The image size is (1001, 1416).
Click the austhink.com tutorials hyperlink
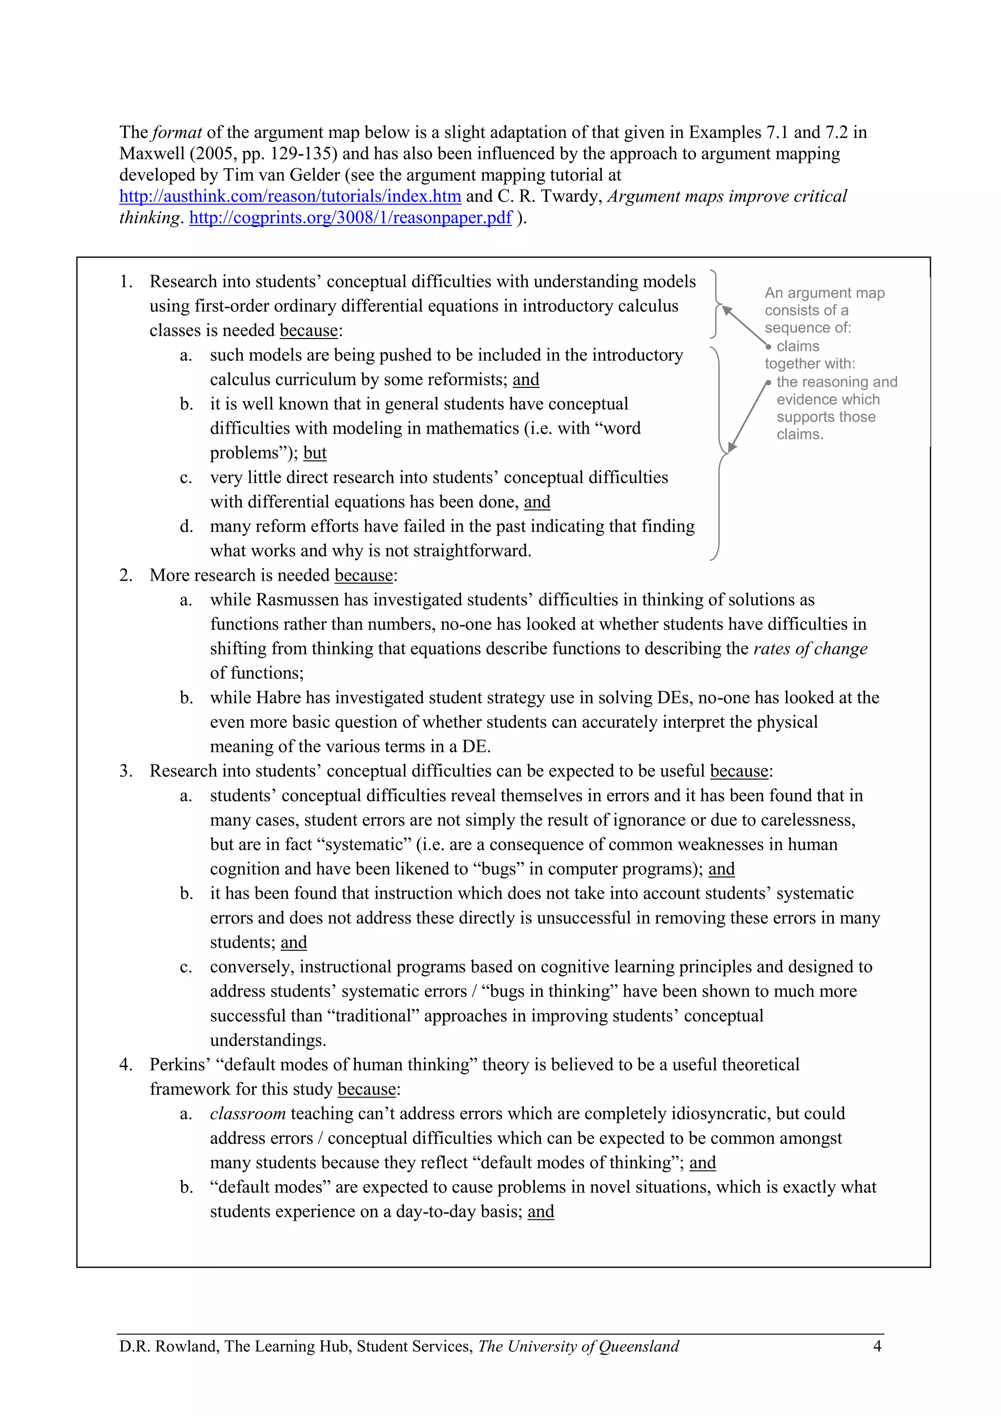tap(290, 197)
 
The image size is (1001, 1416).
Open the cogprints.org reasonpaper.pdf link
tap(350, 218)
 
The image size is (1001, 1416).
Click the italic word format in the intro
tap(177, 133)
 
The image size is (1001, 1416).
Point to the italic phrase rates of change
tap(810, 649)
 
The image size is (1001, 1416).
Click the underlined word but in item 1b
tap(314, 453)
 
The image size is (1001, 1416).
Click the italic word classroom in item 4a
tap(247, 1113)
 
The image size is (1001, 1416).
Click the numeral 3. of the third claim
tap(126, 771)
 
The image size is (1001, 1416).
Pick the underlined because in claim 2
tap(364, 575)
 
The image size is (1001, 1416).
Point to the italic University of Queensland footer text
tap(578, 1346)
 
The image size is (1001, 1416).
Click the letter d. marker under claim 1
tap(186, 527)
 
